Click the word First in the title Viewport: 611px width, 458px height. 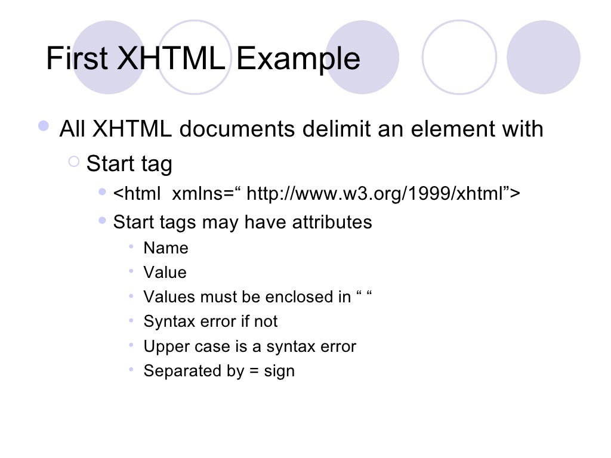point(76,58)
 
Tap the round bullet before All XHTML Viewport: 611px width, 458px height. point(44,126)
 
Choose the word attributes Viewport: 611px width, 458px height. point(332,222)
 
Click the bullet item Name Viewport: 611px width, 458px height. point(166,248)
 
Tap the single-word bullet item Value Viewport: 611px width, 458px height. point(165,273)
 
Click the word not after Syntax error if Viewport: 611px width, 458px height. point(266,321)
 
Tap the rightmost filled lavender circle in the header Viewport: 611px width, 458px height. point(543,57)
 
